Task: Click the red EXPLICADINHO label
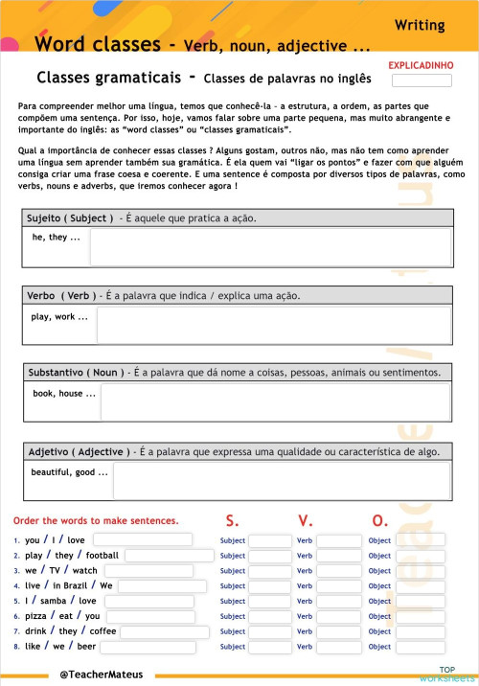421,65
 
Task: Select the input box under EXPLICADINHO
422,80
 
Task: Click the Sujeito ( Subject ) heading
71,217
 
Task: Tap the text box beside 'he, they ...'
270,247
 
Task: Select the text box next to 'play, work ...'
273,325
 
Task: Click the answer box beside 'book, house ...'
275,402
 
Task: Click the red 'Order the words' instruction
96,521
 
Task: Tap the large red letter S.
232,521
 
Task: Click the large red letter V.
305,521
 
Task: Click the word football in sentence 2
102,556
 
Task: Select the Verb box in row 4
338,586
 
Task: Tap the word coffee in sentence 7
103,632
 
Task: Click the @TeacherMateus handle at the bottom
101,675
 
